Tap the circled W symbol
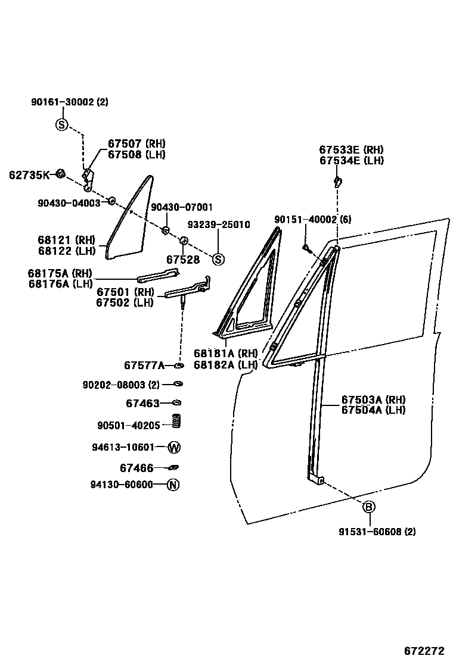click(174, 447)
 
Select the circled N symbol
click(172, 484)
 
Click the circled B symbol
click(369, 507)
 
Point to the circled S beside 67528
click(218, 259)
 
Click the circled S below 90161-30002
click(62, 125)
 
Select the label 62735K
click(29, 175)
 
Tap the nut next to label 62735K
click(60, 174)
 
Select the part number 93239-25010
click(219, 225)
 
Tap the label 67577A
click(144, 365)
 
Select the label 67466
click(136, 468)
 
